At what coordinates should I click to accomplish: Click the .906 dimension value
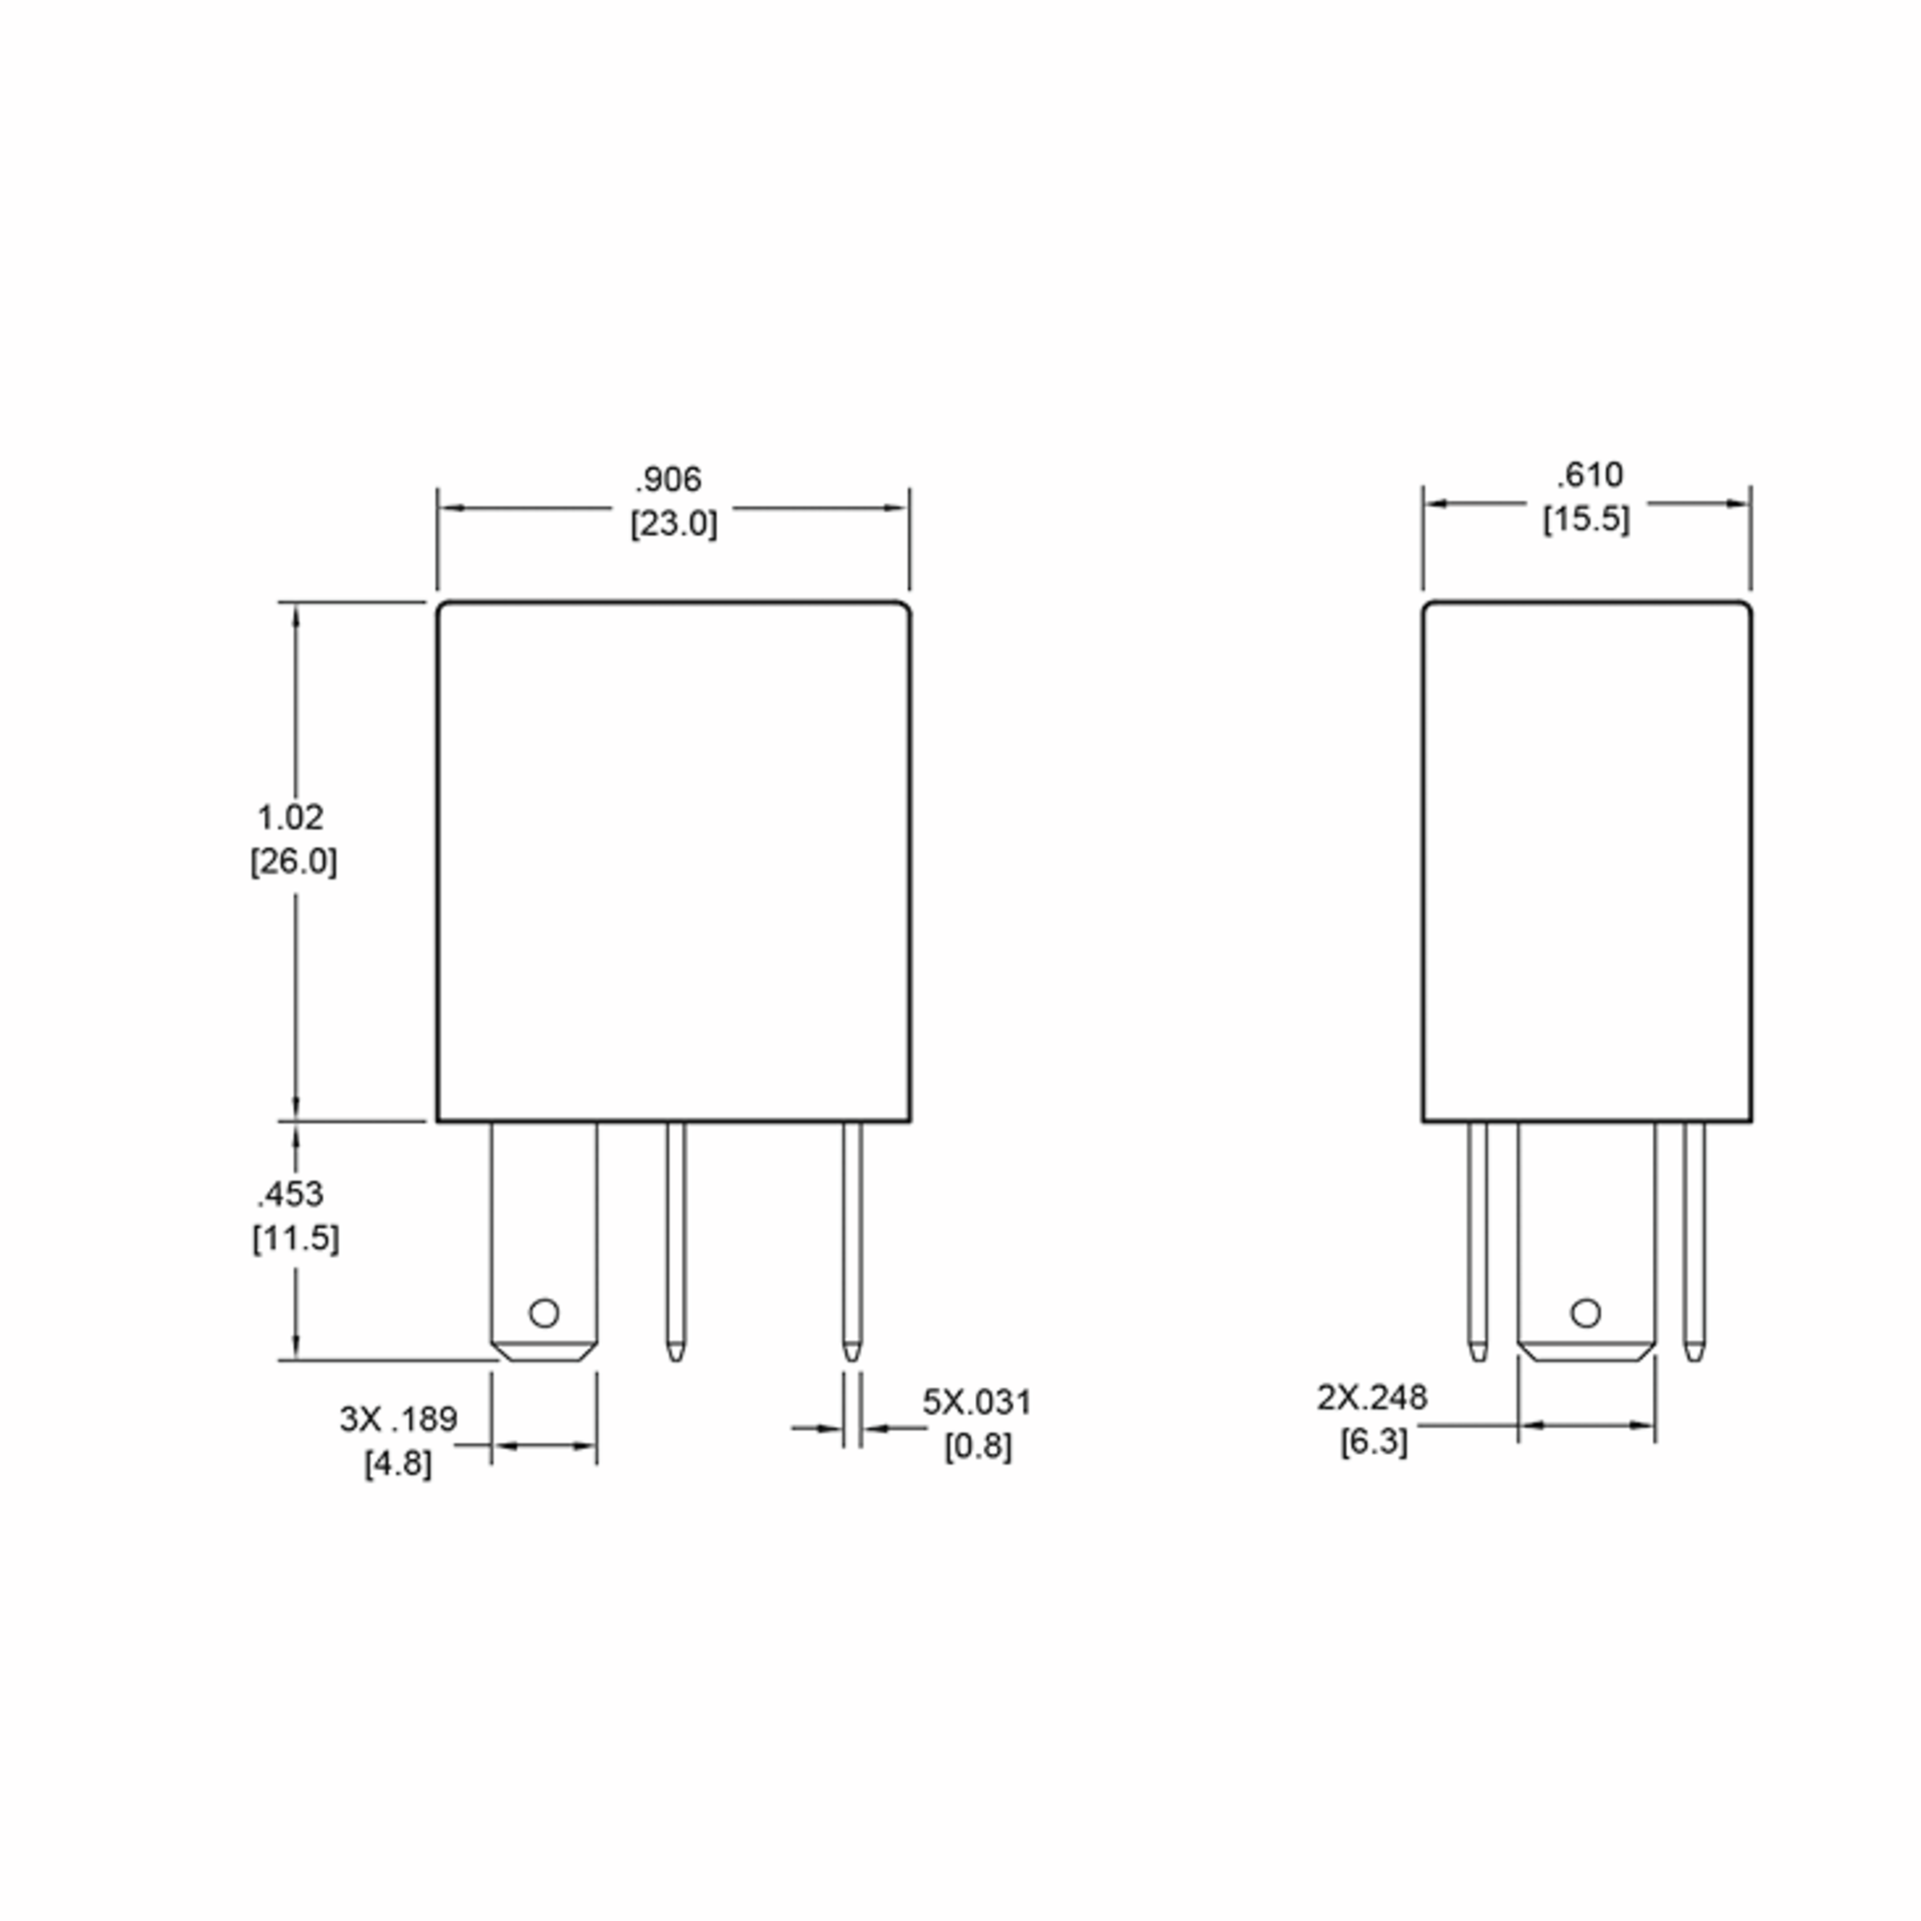tap(668, 479)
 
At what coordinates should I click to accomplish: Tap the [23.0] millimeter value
tap(673, 523)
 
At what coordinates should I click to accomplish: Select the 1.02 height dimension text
tap(291, 817)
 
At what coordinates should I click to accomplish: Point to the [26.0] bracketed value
tap(293, 861)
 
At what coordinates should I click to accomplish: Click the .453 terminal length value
tap(291, 1193)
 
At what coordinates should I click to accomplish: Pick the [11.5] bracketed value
tap(295, 1238)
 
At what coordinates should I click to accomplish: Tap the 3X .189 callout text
tap(399, 1419)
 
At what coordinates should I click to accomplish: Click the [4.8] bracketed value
tap(398, 1464)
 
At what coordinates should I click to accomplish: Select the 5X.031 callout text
tap(977, 1402)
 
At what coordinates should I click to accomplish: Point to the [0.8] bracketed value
tap(978, 1446)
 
